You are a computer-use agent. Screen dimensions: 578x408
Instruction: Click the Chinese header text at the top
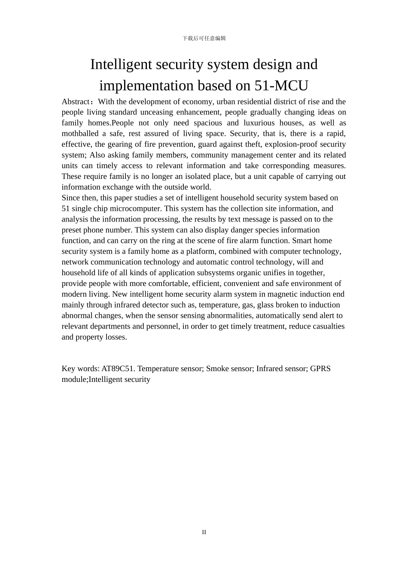pos(204,38)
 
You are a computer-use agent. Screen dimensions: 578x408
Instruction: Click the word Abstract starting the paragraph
pos(76,101)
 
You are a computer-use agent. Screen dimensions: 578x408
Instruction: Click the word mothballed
pos(80,134)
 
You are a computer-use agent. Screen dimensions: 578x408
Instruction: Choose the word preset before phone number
pos(71,230)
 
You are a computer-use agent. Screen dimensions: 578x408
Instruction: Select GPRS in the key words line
pos(320,369)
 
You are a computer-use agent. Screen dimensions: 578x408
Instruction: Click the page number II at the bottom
pos(204,532)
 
